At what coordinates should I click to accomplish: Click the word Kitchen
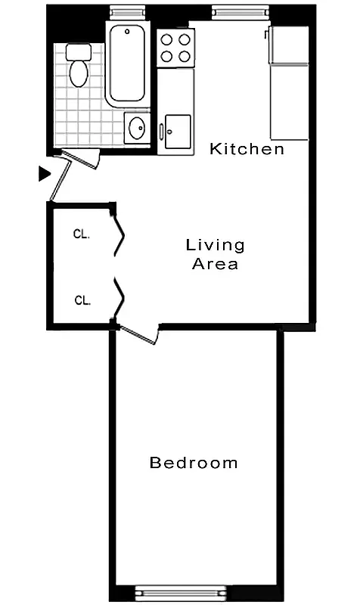(x=247, y=149)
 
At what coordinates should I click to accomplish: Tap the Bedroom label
(x=194, y=463)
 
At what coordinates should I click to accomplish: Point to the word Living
(x=216, y=245)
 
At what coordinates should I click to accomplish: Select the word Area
(x=216, y=264)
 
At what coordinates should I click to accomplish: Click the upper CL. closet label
(x=82, y=234)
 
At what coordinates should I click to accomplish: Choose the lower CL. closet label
(x=82, y=300)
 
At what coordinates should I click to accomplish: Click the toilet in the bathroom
(x=77, y=67)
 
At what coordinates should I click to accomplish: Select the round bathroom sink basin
(x=137, y=128)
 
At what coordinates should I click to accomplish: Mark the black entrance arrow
(x=45, y=174)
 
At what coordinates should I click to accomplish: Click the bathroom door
(x=79, y=158)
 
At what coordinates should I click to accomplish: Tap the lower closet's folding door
(x=118, y=299)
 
